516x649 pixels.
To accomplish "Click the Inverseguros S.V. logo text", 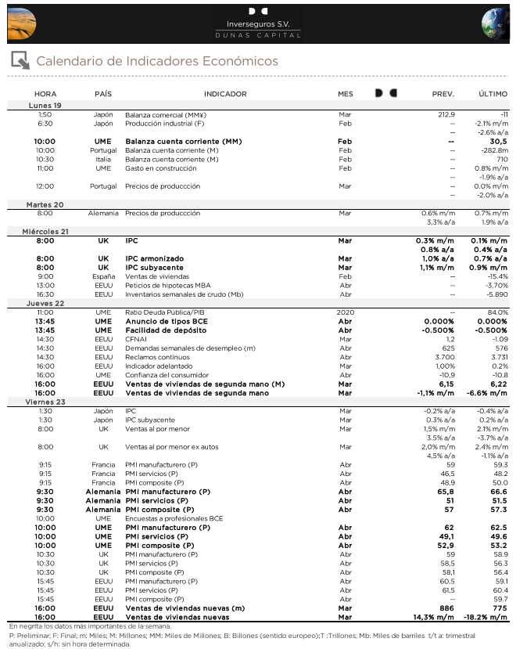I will pyautogui.click(x=258, y=24).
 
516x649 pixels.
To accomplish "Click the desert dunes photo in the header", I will pyautogui.click(x=21, y=23).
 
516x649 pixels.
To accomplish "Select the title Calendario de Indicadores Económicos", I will pyautogui.click(x=157, y=61).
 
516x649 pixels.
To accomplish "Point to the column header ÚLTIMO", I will pyautogui.click(x=493, y=93).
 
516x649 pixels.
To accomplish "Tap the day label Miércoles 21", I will pyautogui.click(x=45, y=232).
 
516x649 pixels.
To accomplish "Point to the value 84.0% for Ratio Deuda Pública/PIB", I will pyautogui.click(x=497, y=312).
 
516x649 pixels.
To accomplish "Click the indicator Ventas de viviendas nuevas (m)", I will pyautogui.click(x=185, y=608).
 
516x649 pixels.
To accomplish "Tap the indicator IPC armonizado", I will pyautogui.click(x=154, y=258).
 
